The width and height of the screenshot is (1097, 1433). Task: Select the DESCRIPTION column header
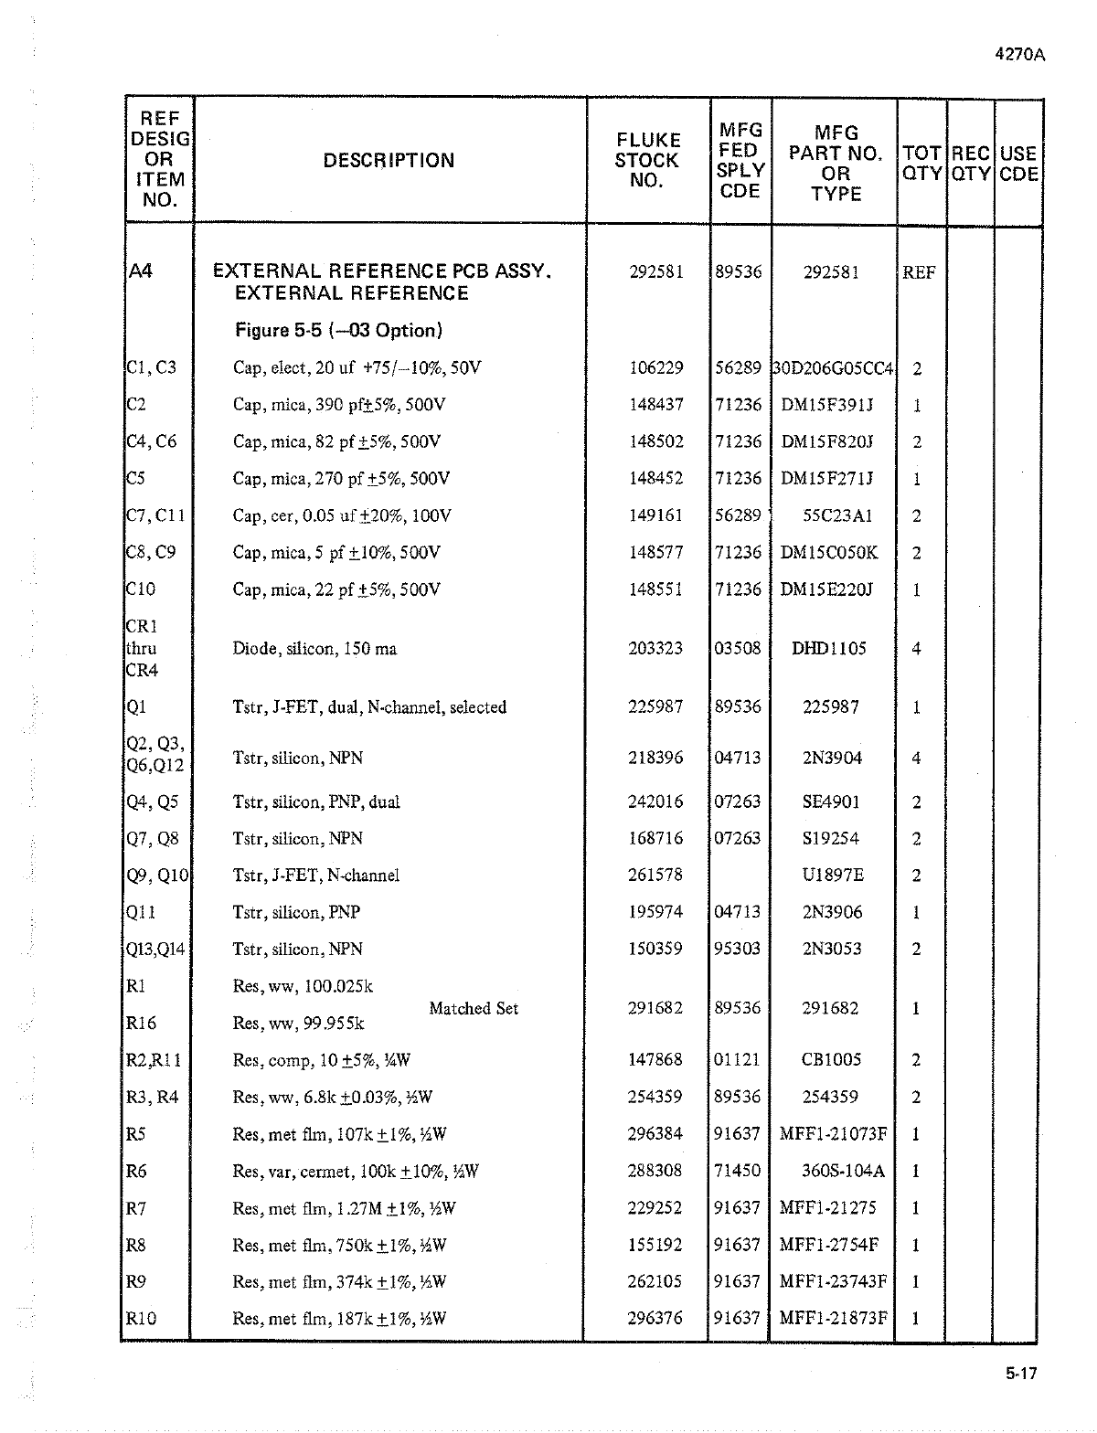pyautogui.click(x=389, y=161)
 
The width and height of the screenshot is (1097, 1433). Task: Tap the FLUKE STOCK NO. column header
pyautogui.click(x=647, y=161)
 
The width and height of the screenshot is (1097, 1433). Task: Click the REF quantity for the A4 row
pyautogui.click(x=919, y=272)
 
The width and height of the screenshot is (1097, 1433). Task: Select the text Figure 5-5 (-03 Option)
pyautogui.click(x=339, y=330)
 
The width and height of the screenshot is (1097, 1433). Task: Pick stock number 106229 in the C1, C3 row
pyautogui.click(x=655, y=368)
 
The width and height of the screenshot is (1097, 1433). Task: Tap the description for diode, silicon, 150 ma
pyautogui.click(x=314, y=649)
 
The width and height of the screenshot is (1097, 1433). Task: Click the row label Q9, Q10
pyautogui.click(x=156, y=876)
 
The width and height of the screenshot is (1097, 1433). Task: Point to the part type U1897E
pyautogui.click(x=832, y=876)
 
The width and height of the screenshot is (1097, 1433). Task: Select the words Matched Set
pyautogui.click(x=474, y=1008)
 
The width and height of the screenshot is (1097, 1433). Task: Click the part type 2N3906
pyautogui.click(x=832, y=912)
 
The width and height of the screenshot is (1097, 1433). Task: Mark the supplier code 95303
pyautogui.click(x=738, y=949)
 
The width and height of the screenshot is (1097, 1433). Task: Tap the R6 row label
pyautogui.click(x=136, y=1171)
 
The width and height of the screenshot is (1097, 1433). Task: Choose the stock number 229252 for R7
pyautogui.click(x=655, y=1208)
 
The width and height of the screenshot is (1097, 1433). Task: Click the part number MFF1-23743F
pyautogui.click(x=832, y=1281)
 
